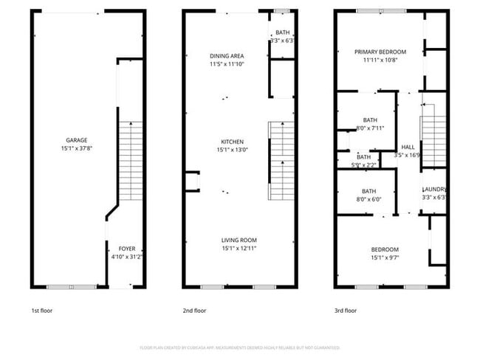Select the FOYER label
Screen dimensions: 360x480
click(x=127, y=249)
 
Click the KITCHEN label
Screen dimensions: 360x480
click(x=232, y=142)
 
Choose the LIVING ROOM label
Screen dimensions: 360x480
click(x=239, y=240)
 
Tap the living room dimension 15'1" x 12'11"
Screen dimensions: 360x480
click(x=239, y=248)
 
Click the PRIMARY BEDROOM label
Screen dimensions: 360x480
click(x=380, y=52)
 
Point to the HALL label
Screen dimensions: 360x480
click(x=408, y=147)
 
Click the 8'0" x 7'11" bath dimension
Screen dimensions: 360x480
click(x=370, y=128)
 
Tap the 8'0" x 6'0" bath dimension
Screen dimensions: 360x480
click(x=369, y=198)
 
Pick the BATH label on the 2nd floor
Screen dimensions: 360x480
click(x=283, y=33)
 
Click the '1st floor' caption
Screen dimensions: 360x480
click(x=41, y=311)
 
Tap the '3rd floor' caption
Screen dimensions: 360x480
click(x=346, y=311)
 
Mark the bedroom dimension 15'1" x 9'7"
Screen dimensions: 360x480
click(x=385, y=258)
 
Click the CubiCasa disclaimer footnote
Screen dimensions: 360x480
click(x=239, y=347)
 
